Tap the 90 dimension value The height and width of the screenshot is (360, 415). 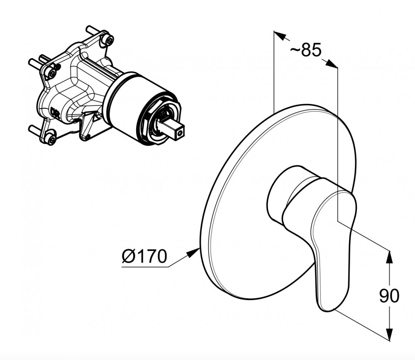click(x=389, y=296)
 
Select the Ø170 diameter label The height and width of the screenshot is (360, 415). click(x=144, y=256)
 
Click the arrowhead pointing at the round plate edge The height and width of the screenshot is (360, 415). click(x=193, y=253)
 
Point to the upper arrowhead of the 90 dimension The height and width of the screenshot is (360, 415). click(x=389, y=257)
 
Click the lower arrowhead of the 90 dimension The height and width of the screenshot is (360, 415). click(x=389, y=333)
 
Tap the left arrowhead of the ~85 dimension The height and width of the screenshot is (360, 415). click(x=280, y=35)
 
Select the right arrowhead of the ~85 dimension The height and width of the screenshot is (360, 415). click(x=331, y=64)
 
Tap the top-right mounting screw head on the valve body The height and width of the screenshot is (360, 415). click(x=109, y=40)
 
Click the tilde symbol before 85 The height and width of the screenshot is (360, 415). click(x=295, y=50)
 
